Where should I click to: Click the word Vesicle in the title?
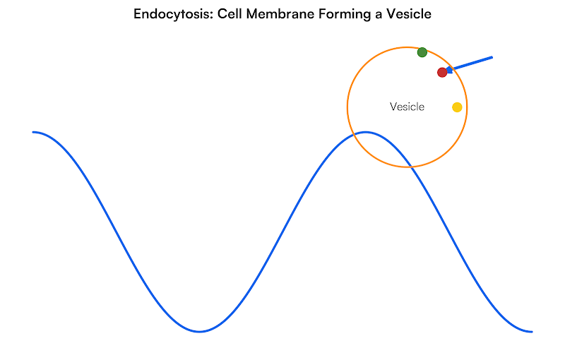[x=408, y=14]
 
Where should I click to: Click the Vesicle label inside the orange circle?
[x=407, y=107]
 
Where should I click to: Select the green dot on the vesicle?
[x=422, y=52]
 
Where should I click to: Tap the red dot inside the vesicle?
[x=442, y=72]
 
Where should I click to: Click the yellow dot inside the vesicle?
[x=457, y=107]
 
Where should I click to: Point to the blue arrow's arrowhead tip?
[x=446, y=71]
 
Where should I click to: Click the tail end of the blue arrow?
[x=492, y=56]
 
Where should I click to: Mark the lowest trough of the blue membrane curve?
[x=200, y=331]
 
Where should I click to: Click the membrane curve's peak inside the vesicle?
[x=366, y=132]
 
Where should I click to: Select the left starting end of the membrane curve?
[x=33, y=132]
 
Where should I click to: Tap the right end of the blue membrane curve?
[x=532, y=331]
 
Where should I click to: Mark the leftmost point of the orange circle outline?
[x=347, y=107]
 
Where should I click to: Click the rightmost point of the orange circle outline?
[x=467, y=107]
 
